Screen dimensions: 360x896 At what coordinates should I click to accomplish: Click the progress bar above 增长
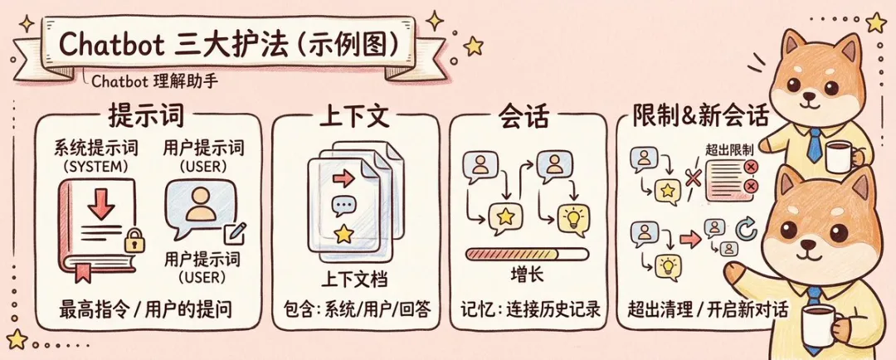[527, 254]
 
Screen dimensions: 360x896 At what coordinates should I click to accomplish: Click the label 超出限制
[729, 150]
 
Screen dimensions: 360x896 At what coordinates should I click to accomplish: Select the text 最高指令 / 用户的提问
[146, 311]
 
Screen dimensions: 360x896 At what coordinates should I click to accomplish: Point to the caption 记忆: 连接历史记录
[530, 311]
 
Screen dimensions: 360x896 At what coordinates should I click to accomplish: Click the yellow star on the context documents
[339, 231]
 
